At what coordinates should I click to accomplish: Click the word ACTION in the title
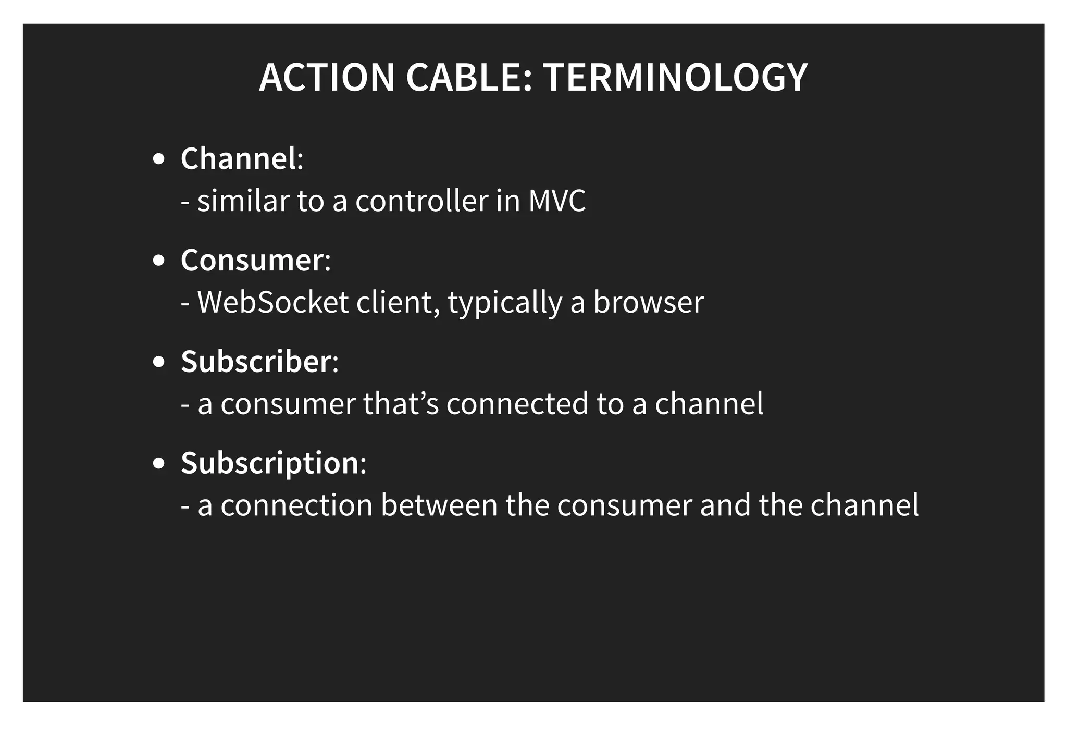point(327,78)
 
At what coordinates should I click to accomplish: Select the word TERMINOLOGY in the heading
point(675,78)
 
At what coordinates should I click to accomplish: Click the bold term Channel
point(239,158)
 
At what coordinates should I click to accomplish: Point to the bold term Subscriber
point(256,361)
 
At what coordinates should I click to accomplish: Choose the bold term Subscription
point(270,463)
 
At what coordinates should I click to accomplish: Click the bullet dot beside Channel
point(159,159)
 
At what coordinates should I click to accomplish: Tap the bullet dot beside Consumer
point(159,261)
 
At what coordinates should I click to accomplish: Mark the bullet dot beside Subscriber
point(159,362)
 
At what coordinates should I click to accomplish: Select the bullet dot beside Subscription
point(159,463)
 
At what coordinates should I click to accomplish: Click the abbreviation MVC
point(557,201)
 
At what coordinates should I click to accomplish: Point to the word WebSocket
point(273,302)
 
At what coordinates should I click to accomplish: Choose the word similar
point(243,201)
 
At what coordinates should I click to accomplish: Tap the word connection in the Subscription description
point(296,505)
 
